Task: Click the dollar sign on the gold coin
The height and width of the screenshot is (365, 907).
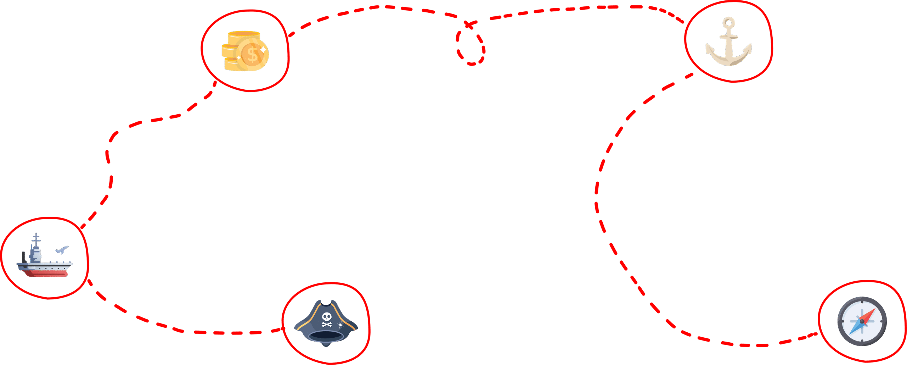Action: pyautogui.click(x=252, y=55)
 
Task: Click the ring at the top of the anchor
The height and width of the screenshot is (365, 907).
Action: pyautogui.click(x=728, y=23)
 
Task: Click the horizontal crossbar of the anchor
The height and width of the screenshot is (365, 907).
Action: pyautogui.click(x=728, y=37)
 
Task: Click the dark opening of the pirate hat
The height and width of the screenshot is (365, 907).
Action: pyautogui.click(x=326, y=335)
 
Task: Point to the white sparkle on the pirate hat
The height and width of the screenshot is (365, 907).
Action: pyautogui.click(x=340, y=325)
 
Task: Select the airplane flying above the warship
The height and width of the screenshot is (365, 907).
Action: pyautogui.click(x=62, y=250)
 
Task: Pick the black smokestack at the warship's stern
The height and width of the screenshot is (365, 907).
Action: pyautogui.click(x=24, y=257)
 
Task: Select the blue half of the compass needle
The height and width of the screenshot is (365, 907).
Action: pyautogui.click(x=856, y=328)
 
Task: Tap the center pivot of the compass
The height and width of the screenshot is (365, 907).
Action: pyautogui.click(x=862, y=321)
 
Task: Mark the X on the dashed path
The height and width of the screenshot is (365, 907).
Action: pyautogui.click(x=469, y=24)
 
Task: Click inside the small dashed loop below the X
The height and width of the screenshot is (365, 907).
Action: pyautogui.click(x=471, y=47)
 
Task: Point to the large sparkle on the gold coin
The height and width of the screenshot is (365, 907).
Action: pyautogui.click(x=263, y=50)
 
